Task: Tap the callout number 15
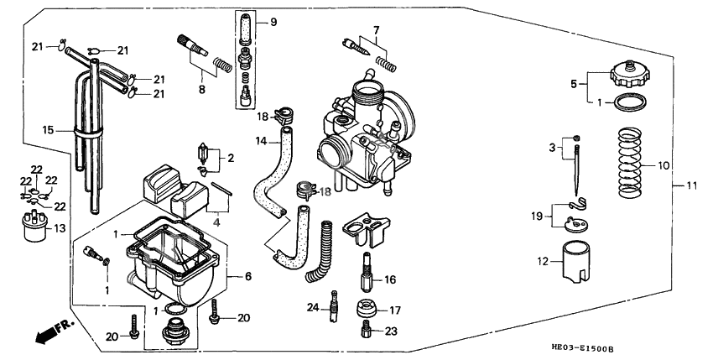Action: (x=48, y=130)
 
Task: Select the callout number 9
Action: (x=272, y=22)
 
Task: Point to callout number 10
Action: (x=664, y=165)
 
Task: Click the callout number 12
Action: (x=544, y=262)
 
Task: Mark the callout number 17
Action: (x=395, y=310)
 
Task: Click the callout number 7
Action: (x=376, y=31)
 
